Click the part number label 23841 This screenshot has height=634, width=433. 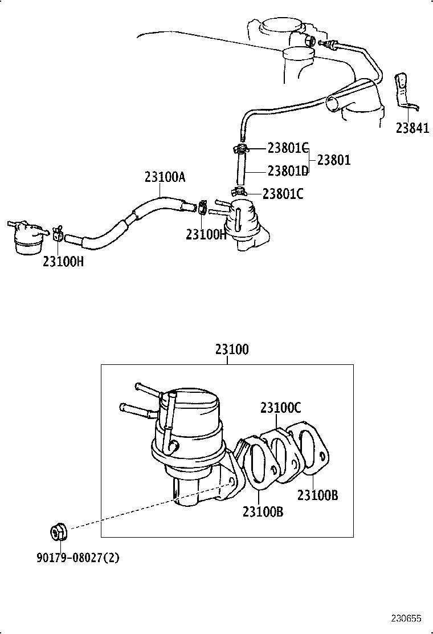click(412, 128)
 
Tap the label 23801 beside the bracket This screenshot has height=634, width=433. click(334, 160)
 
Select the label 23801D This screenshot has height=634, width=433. click(288, 172)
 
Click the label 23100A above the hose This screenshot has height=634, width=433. click(165, 177)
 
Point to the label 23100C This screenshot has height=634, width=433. click(280, 408)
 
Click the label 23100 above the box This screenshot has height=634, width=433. click(232, 349)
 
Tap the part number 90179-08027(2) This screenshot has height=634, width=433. click(78, 558)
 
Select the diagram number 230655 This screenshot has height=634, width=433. click(406, 618)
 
